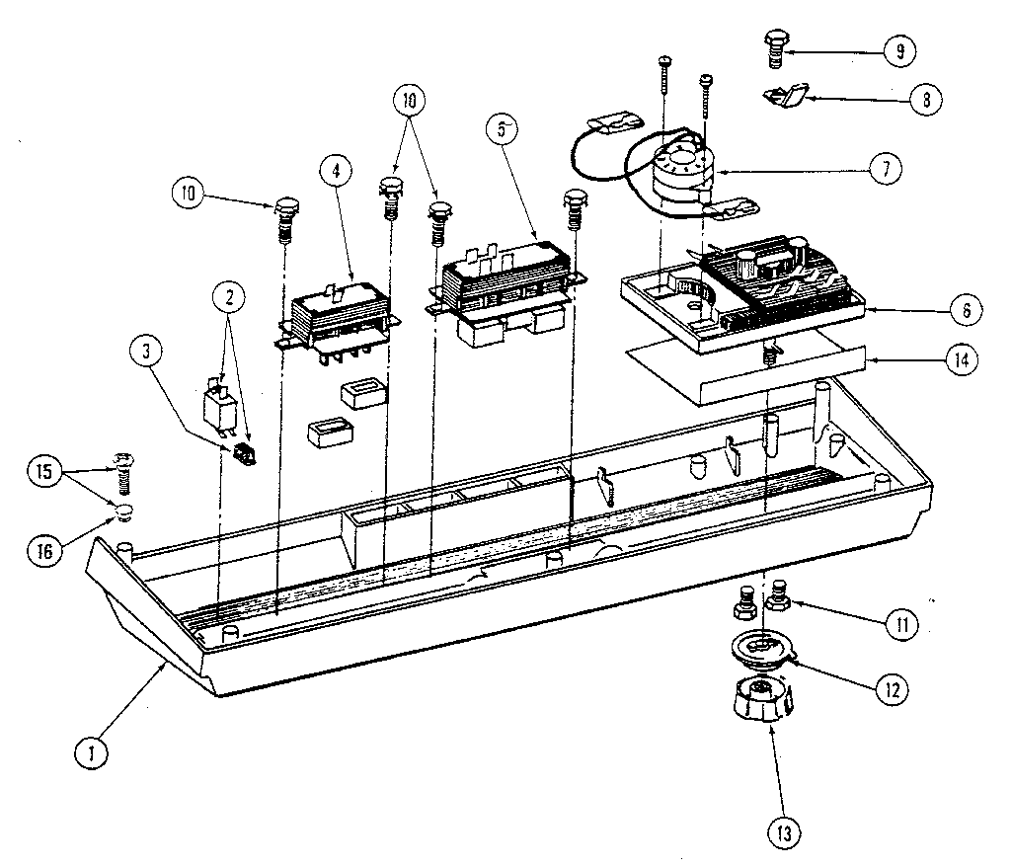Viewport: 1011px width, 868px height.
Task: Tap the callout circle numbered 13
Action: tap(783, 834)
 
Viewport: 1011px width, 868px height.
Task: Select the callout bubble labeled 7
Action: tap(885, 169)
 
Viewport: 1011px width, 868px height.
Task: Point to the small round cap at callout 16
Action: tap(123, 511)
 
